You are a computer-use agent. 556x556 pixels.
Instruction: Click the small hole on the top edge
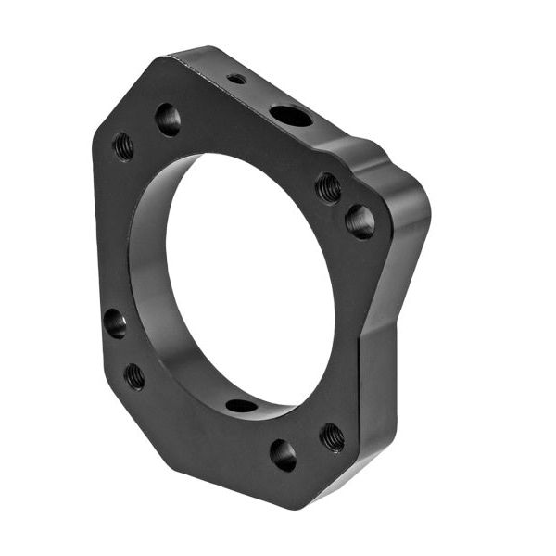click(x=237, y=79)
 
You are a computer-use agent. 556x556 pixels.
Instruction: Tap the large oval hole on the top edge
click(x=291, y=116)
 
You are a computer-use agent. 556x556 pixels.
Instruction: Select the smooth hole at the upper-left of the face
click(x=168, y=119)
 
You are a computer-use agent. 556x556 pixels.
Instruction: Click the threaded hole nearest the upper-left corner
click(x=123, y=145)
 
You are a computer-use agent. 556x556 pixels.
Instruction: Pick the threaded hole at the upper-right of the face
click(x=328, y=188)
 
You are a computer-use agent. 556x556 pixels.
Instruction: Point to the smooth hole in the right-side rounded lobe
click(x=360, y=221)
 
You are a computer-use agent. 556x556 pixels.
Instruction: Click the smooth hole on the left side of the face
click(x=115, y=322)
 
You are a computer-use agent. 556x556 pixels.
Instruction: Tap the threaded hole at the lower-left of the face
click(x=134, y=375)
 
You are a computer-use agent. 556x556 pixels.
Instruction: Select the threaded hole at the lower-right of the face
click(x=332, y=436)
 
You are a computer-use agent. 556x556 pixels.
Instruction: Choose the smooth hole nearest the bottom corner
click(x=284, y=454)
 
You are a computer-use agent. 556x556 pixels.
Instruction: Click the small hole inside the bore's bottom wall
click(x=241, y=405)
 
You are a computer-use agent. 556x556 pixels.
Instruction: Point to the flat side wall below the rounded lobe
click(x=380, y=389)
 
